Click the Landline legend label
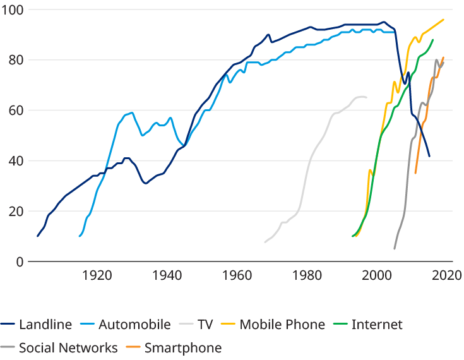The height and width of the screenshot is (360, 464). click(x=39, y=325)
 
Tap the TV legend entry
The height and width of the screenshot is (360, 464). click(x=205, y=325)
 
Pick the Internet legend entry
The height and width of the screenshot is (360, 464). click(x=376, y=325)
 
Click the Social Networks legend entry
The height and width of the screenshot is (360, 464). click(x=68, y=347)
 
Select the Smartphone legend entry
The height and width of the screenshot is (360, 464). click(x=183, y=347)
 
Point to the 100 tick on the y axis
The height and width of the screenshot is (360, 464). click(x=13, y=10)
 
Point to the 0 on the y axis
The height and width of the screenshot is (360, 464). click(x=20, y=261)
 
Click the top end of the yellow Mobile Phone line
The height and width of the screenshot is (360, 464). click(x=444, y=19)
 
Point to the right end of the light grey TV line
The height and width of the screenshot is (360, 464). click(x=366, y=97)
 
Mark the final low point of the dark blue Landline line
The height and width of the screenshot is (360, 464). click(x=430, y=157)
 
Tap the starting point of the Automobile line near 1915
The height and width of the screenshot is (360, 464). click(x=79, y=236)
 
